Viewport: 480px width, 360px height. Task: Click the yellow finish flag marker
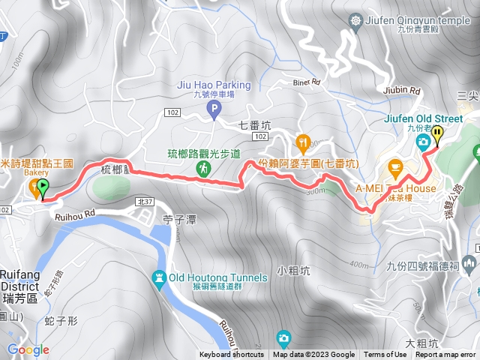tap(437, 135)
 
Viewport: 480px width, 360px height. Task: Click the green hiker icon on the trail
tap(203, 169)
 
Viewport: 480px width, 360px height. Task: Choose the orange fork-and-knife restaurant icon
tap(303, 140)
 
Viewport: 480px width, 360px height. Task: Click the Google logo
tap(28, 349)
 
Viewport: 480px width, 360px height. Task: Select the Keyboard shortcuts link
tap(232, 355)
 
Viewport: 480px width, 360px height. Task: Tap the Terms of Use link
tap(385, 355)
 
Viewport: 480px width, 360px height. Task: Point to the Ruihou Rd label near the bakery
tap(76, 215)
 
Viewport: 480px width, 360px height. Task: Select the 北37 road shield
tap(145, 202)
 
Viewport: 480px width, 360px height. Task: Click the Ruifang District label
tap(17, 280)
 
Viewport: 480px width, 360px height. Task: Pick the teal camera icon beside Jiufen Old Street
tap(424, 141)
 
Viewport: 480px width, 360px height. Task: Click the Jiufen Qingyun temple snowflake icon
tap(355, 22)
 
